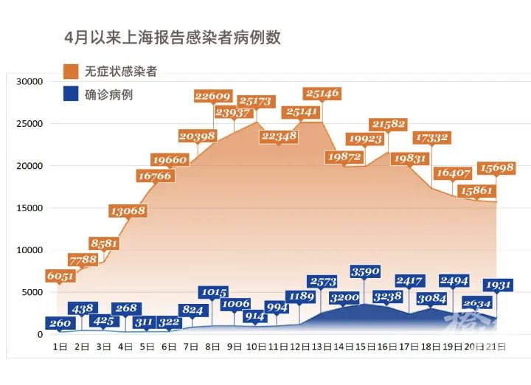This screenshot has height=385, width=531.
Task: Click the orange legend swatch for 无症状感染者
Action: click(72, 72)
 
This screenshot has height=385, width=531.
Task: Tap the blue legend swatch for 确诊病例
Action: click(72, 94)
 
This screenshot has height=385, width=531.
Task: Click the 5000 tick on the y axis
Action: click(35, 292)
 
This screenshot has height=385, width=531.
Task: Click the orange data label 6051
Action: click(61, 275)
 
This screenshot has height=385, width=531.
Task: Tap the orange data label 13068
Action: click(128, 211)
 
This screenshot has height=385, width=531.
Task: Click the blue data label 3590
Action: click(366, 271)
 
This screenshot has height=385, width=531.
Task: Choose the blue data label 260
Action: click(59, 323)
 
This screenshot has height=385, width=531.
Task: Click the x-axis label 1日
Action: click(60, 345)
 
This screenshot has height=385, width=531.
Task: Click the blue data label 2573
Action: click(323, 282)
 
